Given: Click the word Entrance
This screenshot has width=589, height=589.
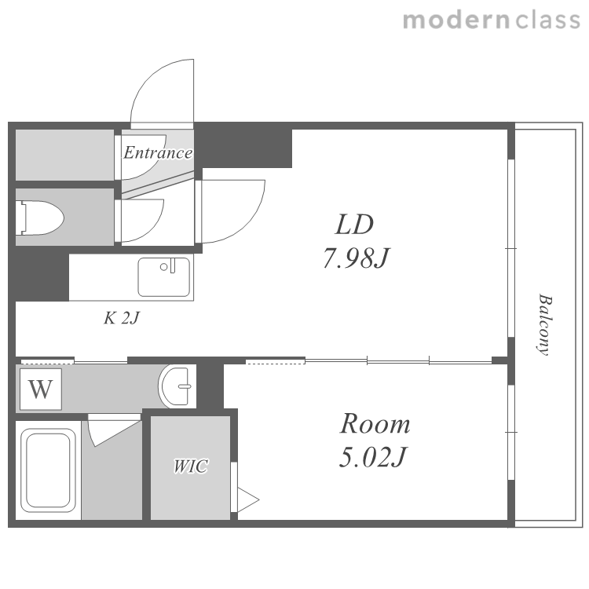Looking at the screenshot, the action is coord(158,152).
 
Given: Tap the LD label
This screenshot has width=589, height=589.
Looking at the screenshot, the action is coord(354,225).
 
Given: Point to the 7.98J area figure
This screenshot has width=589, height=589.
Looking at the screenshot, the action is coord(356,258).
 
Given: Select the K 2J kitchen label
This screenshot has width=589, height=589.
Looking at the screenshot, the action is coord(121,318).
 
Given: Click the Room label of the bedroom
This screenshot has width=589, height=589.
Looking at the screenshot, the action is coord(375,424).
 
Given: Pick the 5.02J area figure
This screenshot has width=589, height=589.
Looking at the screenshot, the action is coord(373,457).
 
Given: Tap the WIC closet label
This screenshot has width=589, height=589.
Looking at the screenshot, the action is coord(191,466).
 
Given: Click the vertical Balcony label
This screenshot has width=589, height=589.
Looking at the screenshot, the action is coord(545,324).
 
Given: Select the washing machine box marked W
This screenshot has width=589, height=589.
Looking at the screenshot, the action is coord(41,390).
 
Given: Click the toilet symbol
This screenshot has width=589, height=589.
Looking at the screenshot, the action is coord(39,218).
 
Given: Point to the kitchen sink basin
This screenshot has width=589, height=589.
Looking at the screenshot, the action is coord(164,277).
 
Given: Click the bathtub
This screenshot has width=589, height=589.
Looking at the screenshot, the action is coord(48,470).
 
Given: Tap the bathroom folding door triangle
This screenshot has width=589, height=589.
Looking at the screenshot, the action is coord(112,432).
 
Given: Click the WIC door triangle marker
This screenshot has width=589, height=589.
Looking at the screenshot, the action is coord(247,500).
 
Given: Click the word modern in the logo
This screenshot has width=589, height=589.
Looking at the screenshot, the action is coord(456,20).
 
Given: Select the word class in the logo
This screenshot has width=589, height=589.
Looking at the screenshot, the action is coord(548,20).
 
